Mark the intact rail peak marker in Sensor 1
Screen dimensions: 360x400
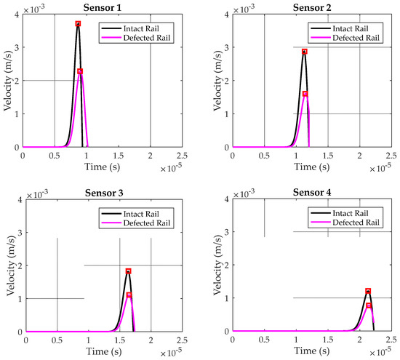point(78,24)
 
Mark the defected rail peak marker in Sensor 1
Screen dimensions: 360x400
point(80,71)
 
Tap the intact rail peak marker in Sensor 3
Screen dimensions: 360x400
point(128,271)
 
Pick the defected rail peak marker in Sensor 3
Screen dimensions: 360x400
point(129,295)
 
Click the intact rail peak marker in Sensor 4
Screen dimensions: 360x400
point(368,291)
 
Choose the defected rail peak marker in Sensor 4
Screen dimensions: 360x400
point(369,305)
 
